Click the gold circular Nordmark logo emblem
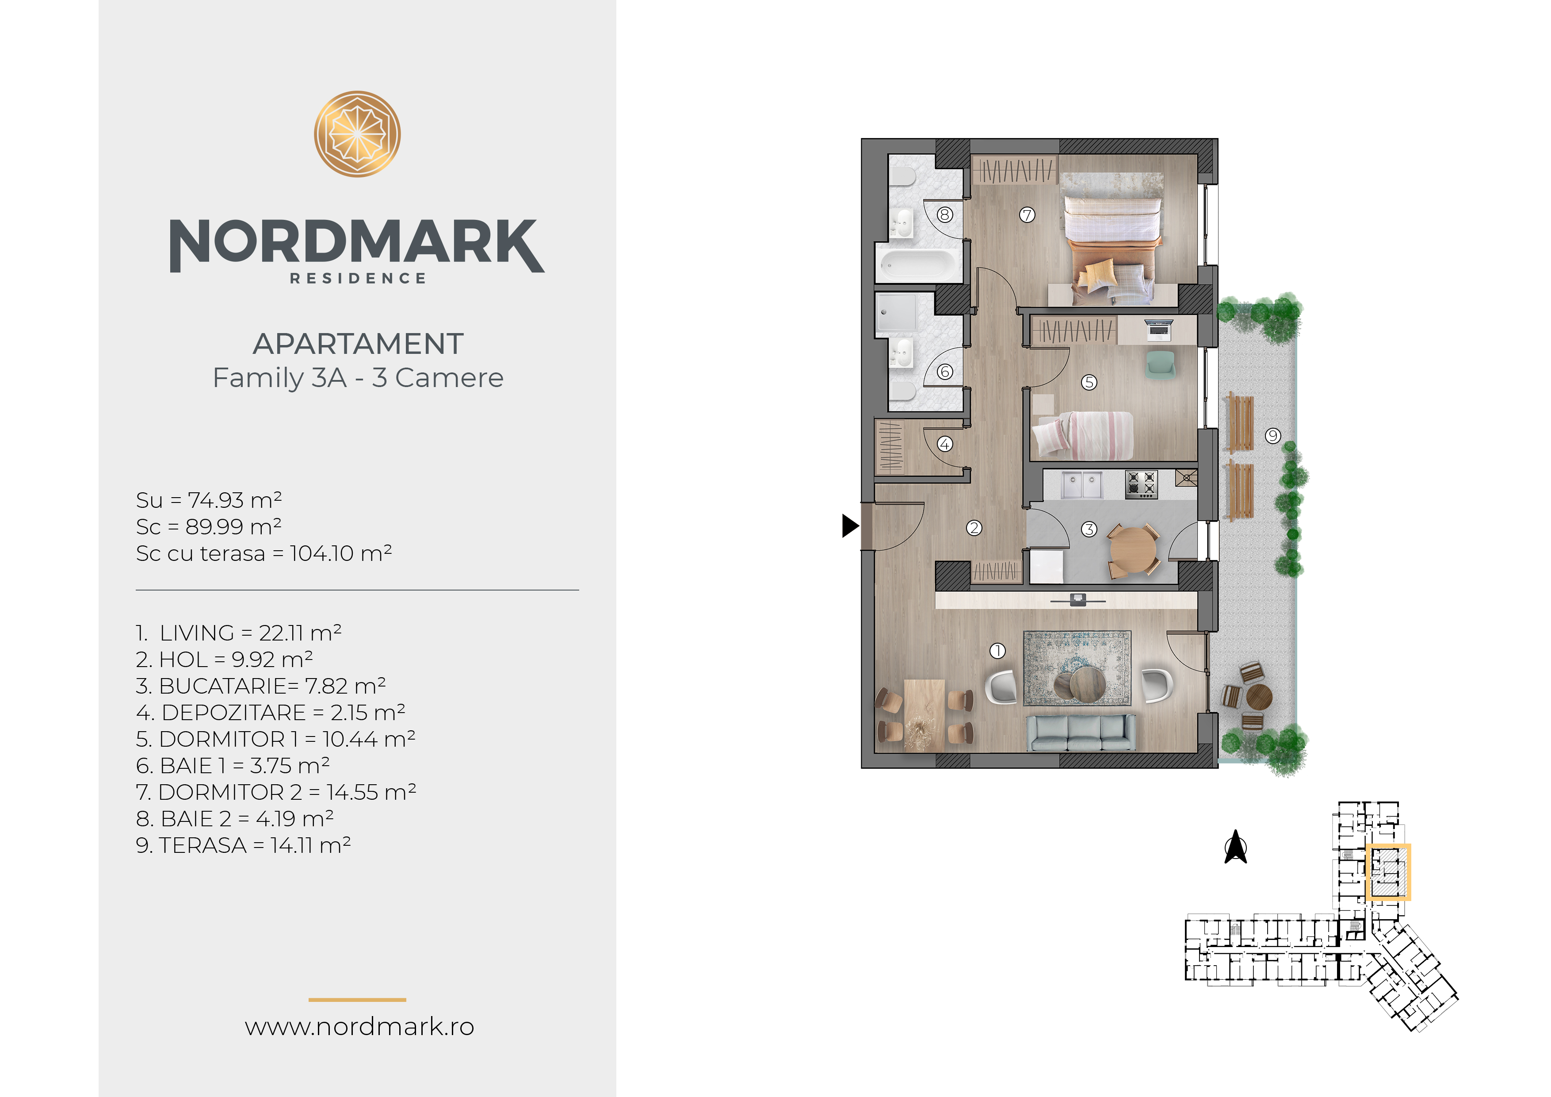[357, 134]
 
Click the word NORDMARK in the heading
[357, 245]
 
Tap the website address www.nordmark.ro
[359, 1026]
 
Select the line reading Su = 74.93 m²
[209, 500]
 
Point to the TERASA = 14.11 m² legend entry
[243, 845]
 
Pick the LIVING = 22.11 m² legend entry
[238, 633]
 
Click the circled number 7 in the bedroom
[1028, 215]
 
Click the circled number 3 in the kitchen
[1089, 529]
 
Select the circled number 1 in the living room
[998, 650]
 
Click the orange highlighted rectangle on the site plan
[1388, 872]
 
